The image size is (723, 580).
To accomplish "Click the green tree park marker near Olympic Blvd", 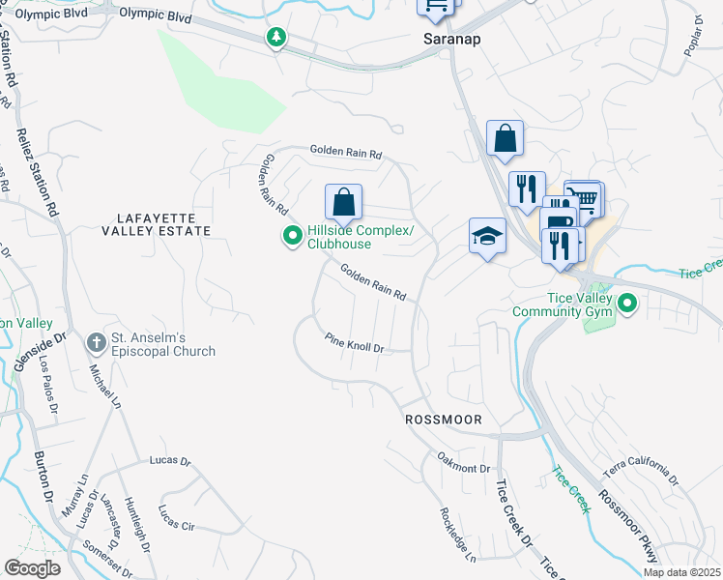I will [277, 38].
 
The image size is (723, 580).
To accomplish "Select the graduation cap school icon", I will [488, 235].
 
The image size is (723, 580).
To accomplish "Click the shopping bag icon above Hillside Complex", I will [343, 203].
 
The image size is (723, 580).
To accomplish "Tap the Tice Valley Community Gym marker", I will [627, 304].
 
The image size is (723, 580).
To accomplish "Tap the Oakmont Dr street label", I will [463, 467].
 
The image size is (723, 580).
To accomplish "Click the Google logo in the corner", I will [32, 568].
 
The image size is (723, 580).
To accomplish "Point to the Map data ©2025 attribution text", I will [681, 572].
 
